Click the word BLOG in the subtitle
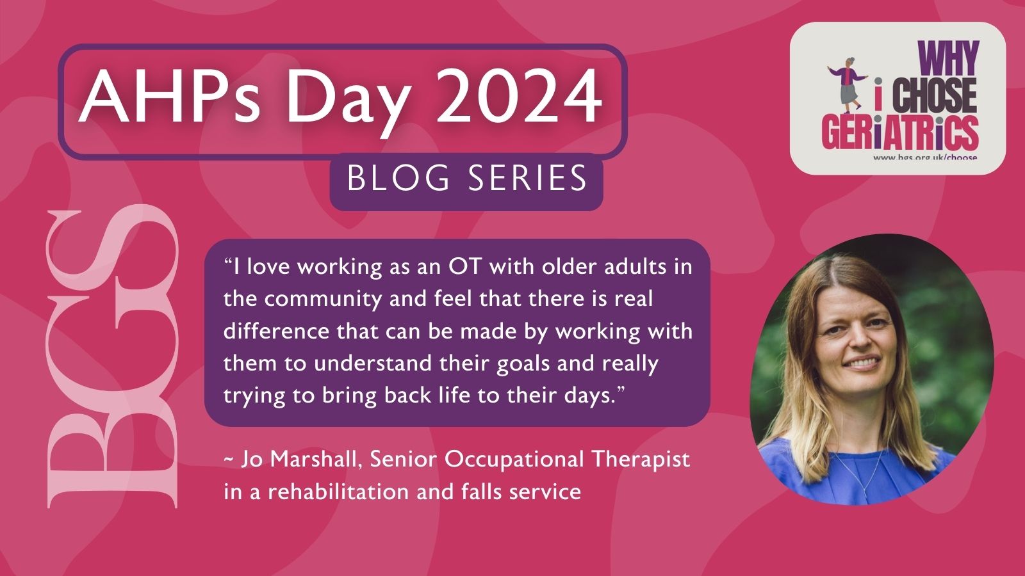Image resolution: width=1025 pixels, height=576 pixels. [x=398, y=178]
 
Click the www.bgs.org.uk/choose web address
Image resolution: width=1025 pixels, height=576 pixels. [x=926, y=157]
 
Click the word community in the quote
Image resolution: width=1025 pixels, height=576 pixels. [x=323, y=300]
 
